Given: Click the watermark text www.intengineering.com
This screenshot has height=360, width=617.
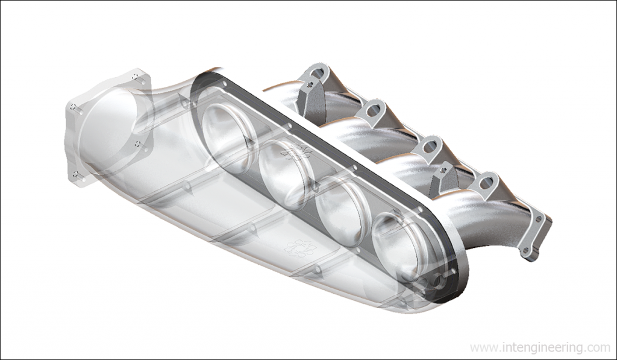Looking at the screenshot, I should click(x=539, y=348).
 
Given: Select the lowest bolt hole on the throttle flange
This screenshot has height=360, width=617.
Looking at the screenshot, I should click(x=76, y=175).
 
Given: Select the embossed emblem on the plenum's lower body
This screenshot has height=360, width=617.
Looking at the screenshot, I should click(x=299, y=247).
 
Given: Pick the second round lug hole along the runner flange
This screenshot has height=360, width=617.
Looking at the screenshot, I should click(x=374, y=110).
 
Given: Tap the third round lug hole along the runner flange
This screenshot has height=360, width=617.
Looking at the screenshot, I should click(x=430, y=145).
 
